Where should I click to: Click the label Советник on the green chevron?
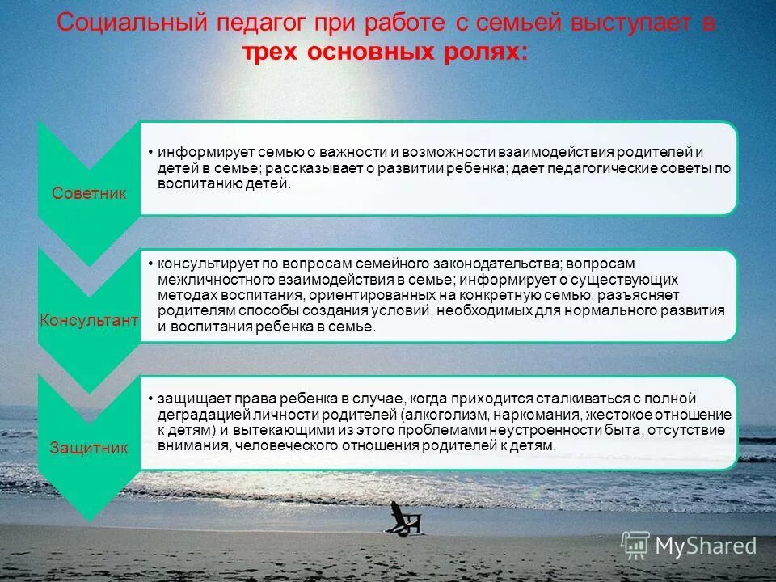pyautogui.click(x=89, y=194)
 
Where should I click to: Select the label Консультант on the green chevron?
pyautogui.click(x=89, y=321)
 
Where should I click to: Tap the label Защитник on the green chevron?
pyautogui.click(x=89, y=448)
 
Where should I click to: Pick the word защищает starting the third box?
pyautogui.click(x=190, y=399)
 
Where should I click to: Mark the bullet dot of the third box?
pyautogui.click(x=151, y=399)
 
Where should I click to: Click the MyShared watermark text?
pyautogui.click(x=706, y=546)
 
